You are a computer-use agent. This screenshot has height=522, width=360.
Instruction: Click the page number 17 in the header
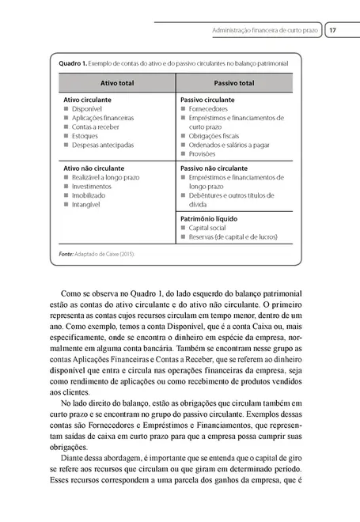pos(333,31)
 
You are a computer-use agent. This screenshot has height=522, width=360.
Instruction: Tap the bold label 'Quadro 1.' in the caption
pos(66,62)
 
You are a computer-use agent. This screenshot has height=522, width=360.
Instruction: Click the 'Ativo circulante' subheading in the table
pos(87,101)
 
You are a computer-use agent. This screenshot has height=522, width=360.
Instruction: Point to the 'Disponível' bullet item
pos(87,110)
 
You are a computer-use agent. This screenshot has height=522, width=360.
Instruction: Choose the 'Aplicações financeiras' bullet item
pos(102,119)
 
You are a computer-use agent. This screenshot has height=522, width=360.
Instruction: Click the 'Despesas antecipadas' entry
pos(102,145)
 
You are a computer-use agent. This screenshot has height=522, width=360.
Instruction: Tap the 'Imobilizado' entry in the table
pos(89,195)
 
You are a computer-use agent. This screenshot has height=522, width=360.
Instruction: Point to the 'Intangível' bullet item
pos(86,204)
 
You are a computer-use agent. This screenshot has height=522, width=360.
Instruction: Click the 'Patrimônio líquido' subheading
pos(210,218)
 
